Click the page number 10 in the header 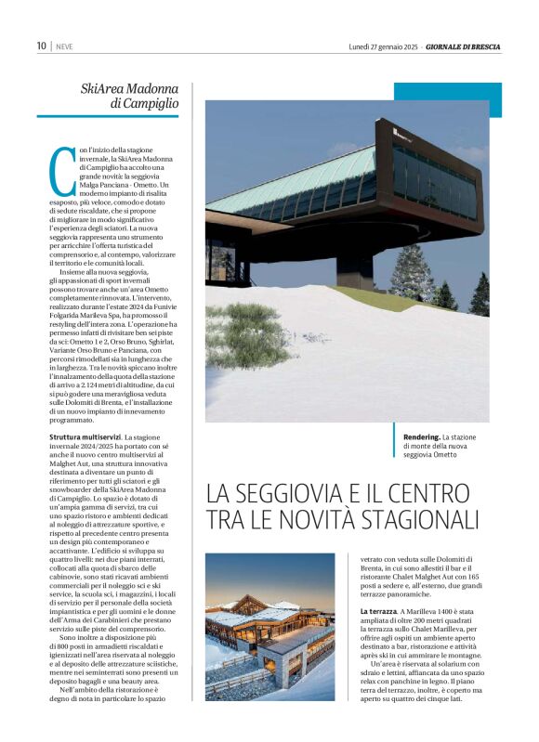coord(42,46)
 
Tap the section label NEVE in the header coord(65,46)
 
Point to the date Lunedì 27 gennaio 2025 coord(383,46)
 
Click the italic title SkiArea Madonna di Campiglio coord(130,96)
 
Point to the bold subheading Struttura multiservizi coord(84,436)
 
